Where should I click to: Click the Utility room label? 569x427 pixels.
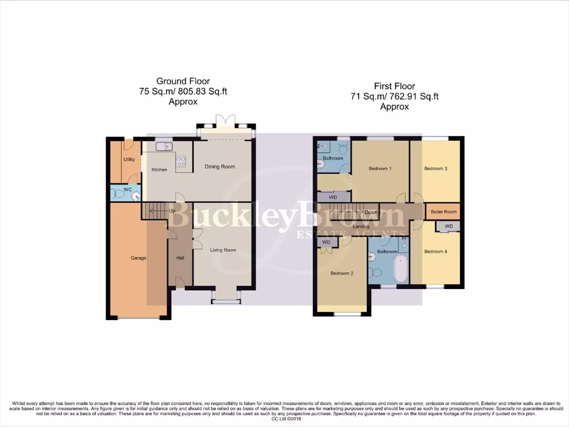(x=129, y=160)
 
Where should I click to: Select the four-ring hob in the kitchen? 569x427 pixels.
(x=181, y=161)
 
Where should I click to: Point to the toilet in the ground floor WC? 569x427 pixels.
(x=118, y=193)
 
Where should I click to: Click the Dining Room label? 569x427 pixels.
(x=220, y=166)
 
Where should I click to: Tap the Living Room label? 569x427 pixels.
(x=223, y=250)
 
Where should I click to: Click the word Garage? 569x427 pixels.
(x=138, y=258)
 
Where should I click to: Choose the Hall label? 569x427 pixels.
(x=180, y=258)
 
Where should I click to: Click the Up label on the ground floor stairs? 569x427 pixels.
(x=172, y=211)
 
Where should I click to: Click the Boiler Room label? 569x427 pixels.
(x=443, y=212)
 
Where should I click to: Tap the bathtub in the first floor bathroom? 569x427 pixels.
(x=400, y=269)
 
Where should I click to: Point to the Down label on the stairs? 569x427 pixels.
(x=371, y=212)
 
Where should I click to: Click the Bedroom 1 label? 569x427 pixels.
(x=380, y=168)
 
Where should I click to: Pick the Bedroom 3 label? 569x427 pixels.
(x=436, y=168)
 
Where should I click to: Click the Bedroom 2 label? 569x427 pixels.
(x=342, y=273)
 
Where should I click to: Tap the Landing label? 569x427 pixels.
(x=361, y=226)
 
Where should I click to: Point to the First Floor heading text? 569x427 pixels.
(x=394, y=86)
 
